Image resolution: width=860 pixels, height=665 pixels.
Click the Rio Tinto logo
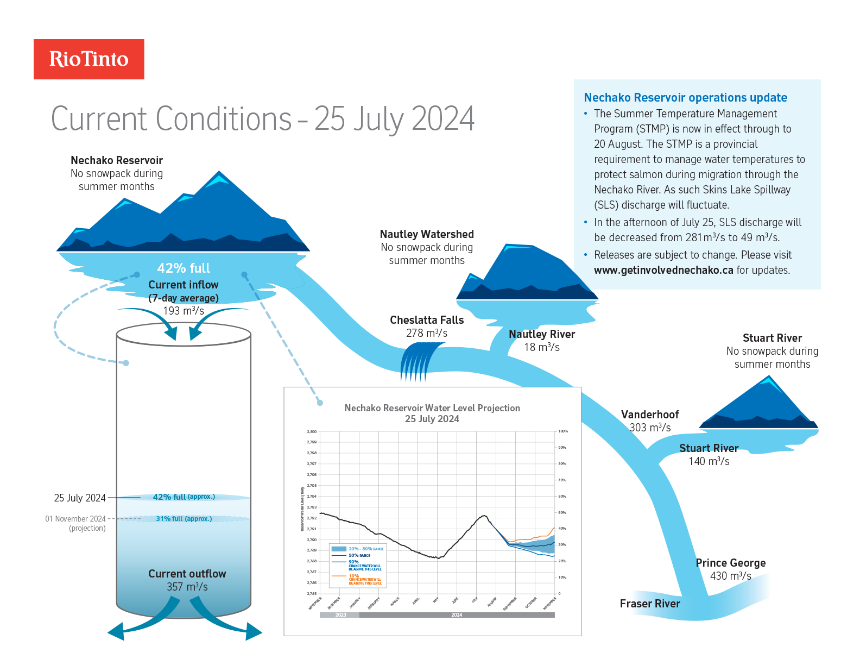point(89,59)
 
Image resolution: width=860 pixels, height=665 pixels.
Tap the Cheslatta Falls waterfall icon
point(418,362)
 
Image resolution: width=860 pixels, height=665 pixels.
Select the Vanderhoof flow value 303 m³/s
point(650,428)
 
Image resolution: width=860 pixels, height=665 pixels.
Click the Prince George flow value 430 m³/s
point(730,576)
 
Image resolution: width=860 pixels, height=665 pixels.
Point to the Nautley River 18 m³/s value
point(541,347)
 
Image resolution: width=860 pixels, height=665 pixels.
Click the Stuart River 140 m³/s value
point(709,461)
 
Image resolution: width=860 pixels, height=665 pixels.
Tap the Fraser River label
point(649,604)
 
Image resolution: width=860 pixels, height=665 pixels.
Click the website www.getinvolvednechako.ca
point(663,270)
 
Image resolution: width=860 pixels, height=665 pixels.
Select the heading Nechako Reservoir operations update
point(685,98)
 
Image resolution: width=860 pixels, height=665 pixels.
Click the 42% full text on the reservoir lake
point(184,268)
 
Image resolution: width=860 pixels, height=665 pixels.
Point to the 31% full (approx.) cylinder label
point(184,519)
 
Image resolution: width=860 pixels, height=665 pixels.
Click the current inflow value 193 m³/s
point(184,311)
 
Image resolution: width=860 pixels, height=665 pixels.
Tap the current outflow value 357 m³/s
point(187,587)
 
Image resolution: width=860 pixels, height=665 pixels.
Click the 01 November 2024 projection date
point(75,519)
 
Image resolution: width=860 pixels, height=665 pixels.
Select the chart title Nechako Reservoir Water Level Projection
point(432,408)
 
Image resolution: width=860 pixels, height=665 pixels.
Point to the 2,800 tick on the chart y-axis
point(312,431)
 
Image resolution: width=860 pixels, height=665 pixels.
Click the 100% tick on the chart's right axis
point(563,431)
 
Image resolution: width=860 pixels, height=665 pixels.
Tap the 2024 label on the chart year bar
point(457,615)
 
